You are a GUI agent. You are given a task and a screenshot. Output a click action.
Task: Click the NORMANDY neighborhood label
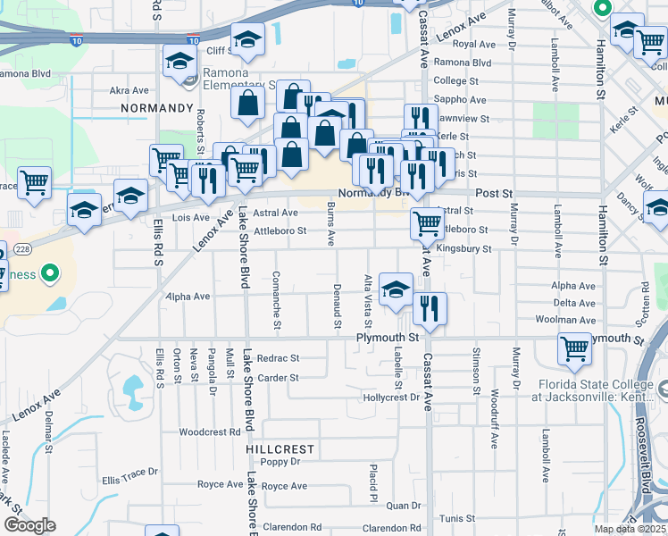coord(156,108)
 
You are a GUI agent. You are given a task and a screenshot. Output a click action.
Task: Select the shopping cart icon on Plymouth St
coord(574,349)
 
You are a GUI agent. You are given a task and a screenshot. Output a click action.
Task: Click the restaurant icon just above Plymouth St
coord(430,309)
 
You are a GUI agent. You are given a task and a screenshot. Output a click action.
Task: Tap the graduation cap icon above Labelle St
coord(396,288)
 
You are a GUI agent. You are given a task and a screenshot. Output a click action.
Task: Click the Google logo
coord(29,526)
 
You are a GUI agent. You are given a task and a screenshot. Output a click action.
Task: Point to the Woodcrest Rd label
coord(210,432)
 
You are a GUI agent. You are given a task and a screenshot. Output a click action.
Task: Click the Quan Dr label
coord(403,506)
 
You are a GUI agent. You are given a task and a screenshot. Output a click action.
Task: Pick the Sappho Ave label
coord(459,100)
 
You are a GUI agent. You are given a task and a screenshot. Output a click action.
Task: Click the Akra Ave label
coord(129,90)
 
